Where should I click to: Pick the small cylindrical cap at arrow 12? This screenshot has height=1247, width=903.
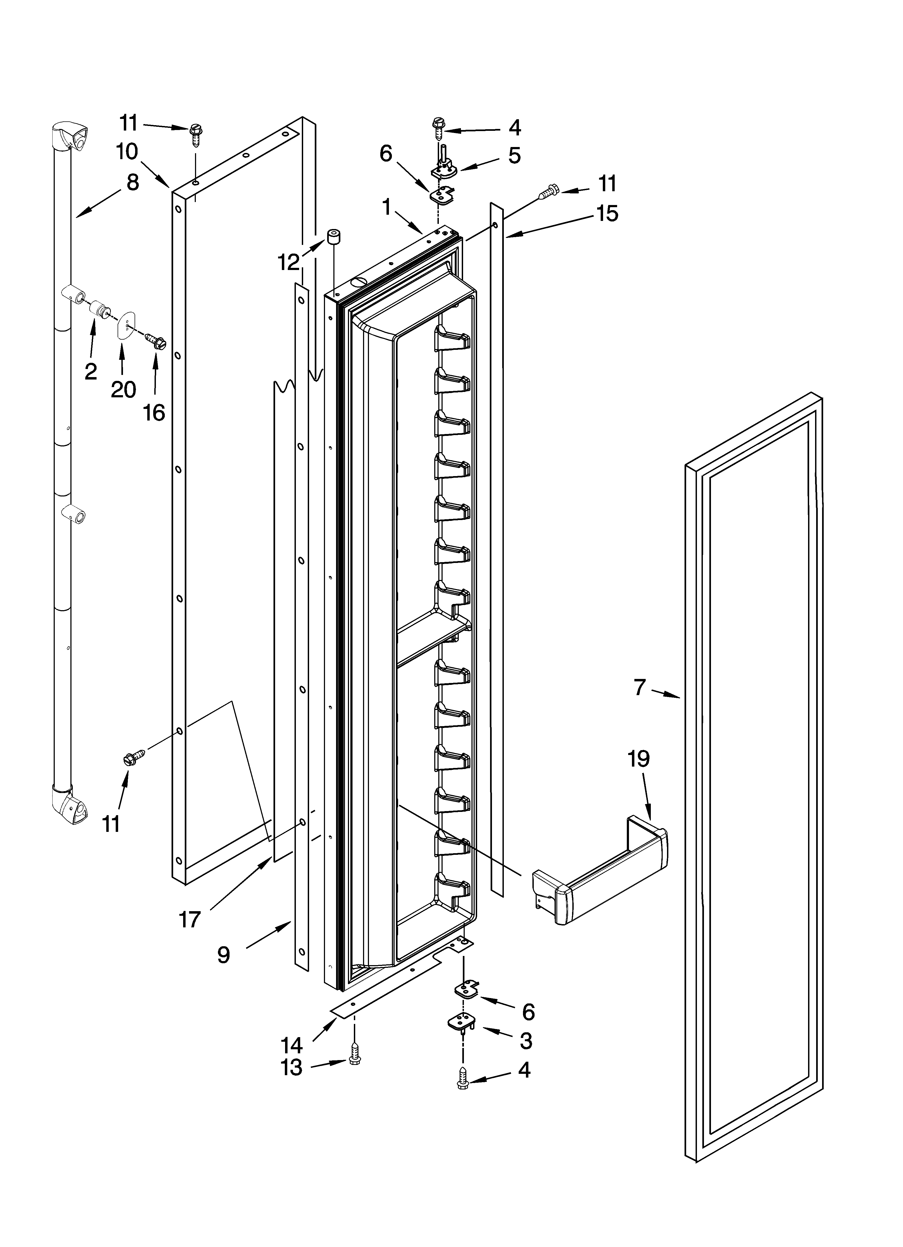333,238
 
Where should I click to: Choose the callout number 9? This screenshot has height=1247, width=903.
223,955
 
